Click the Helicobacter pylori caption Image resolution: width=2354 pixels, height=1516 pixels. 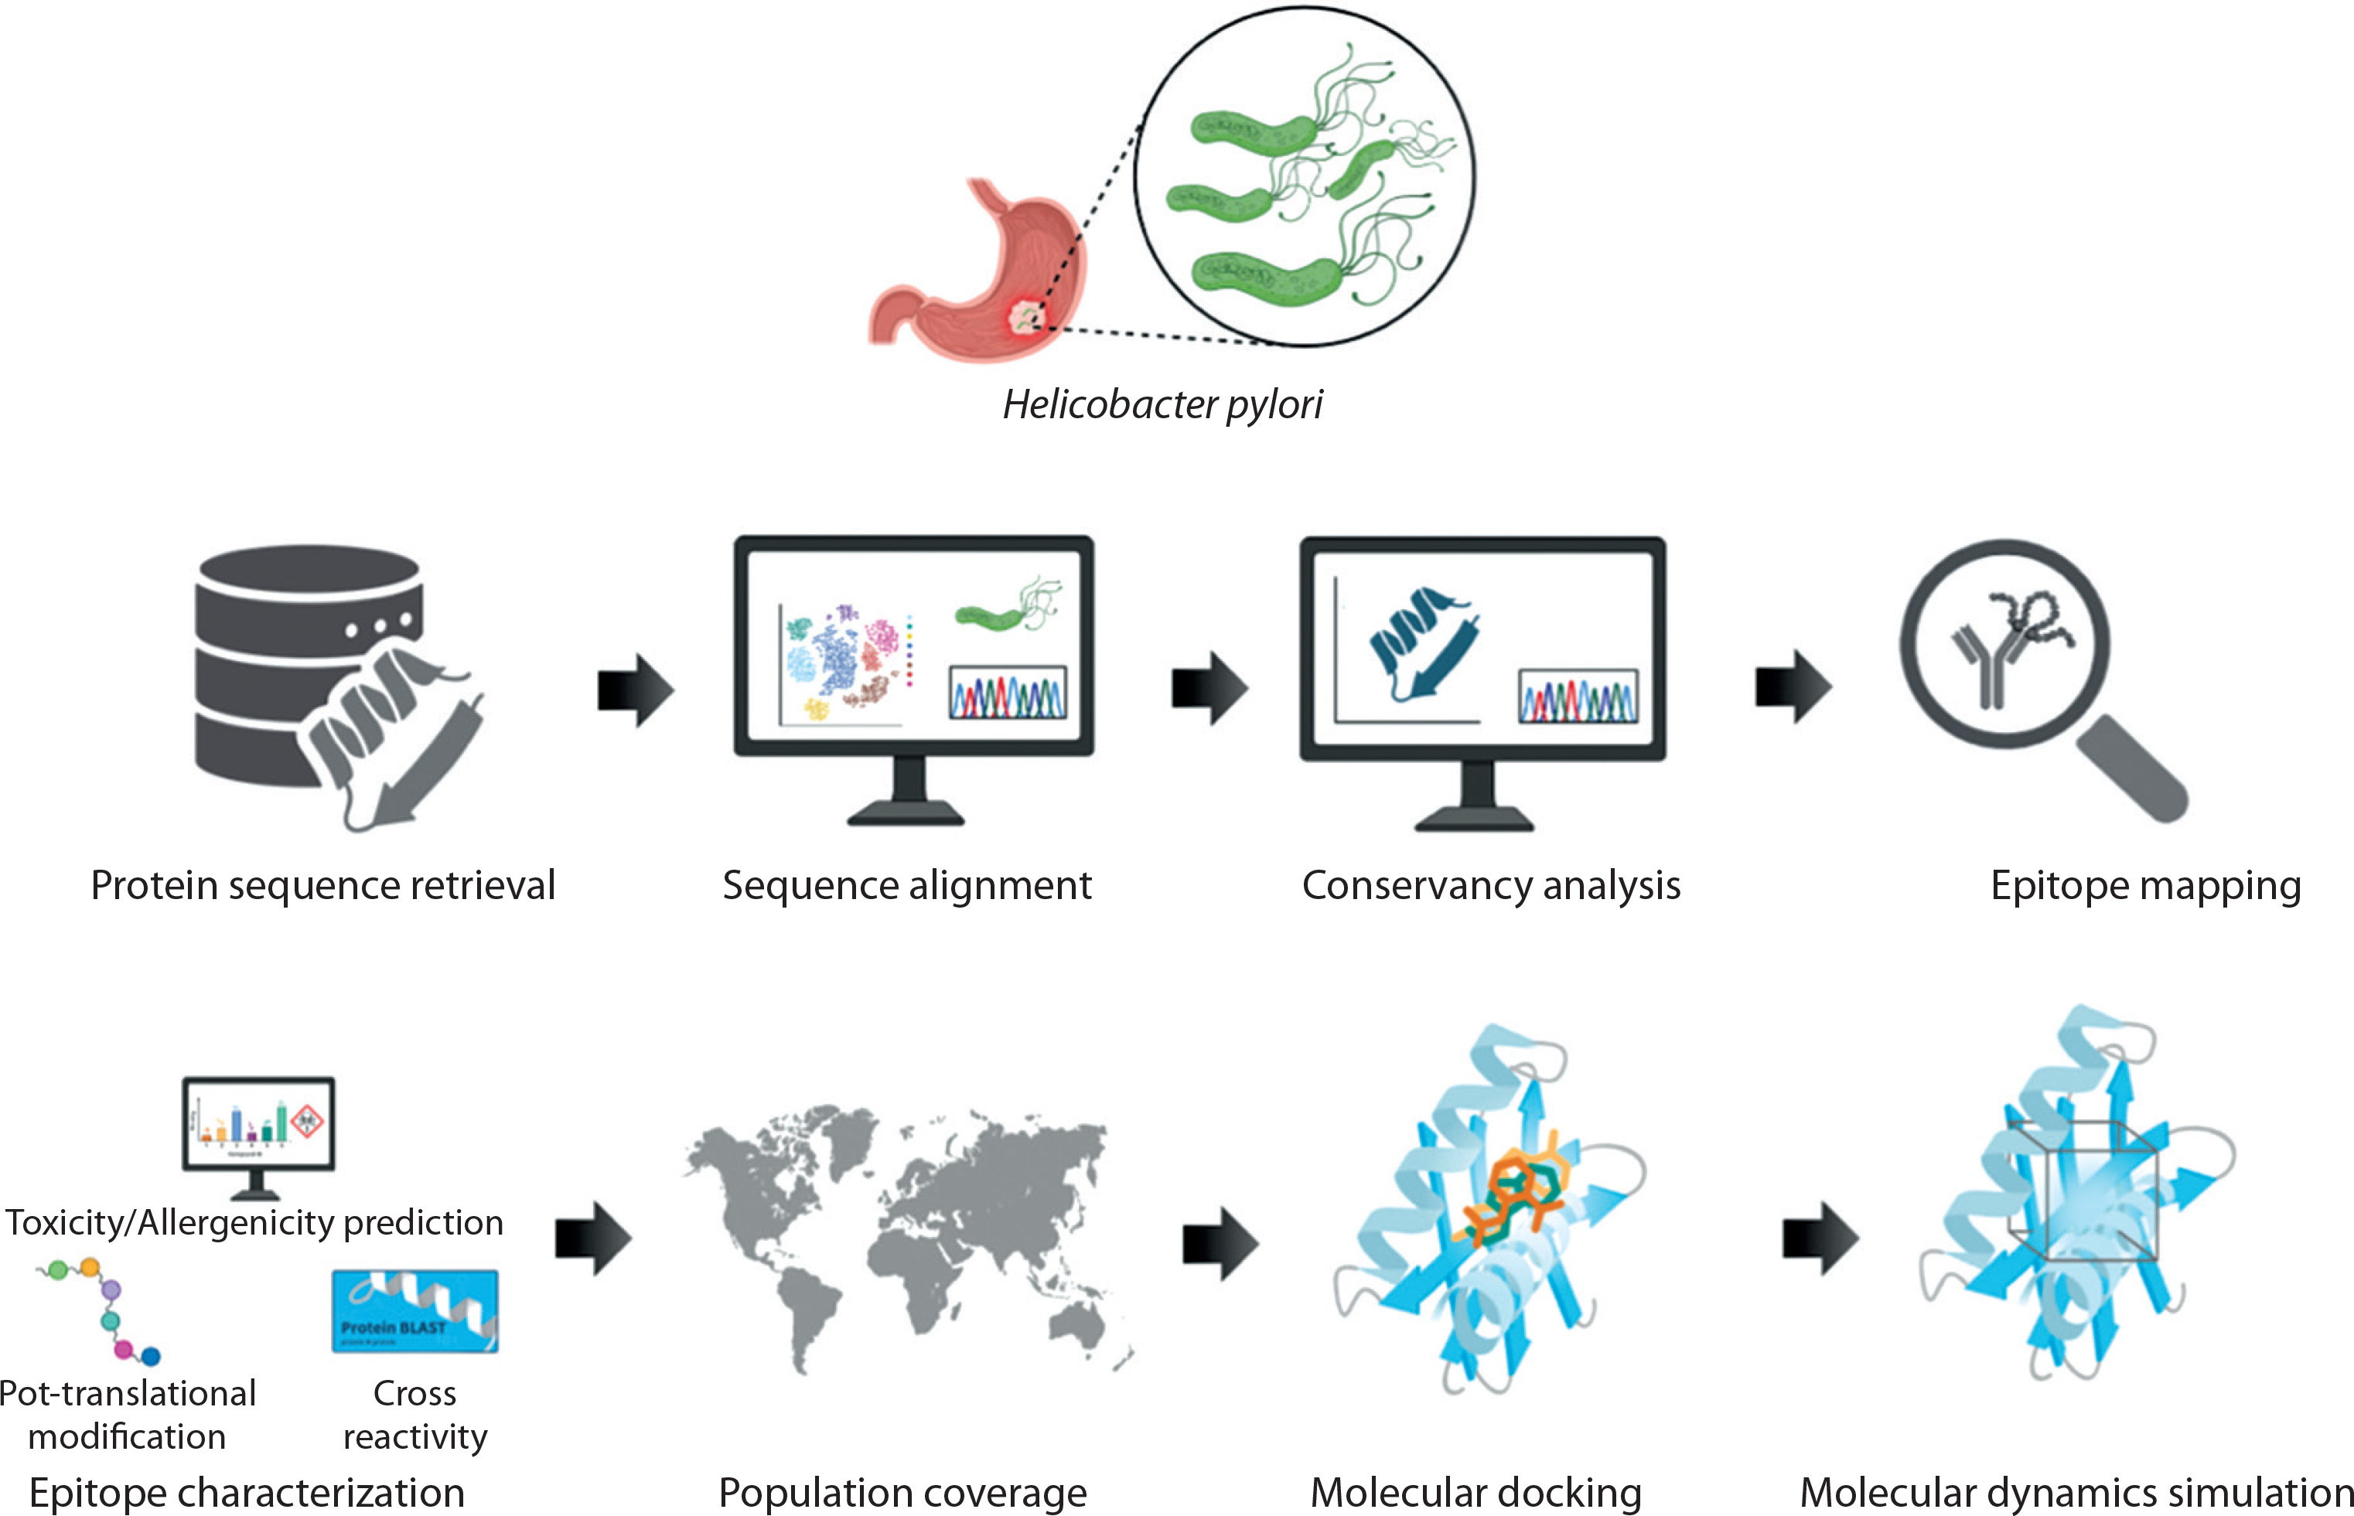click(1162, 404)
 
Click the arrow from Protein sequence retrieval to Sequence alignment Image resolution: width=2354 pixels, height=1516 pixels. click(635, 689)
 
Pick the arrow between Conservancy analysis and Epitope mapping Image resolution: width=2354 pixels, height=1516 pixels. click(1792, 686)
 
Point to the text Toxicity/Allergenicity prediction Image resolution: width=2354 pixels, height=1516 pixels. click(254, 1221)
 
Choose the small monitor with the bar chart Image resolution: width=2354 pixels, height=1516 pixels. click(258, 1127)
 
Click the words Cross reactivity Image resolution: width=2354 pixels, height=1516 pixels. click(415, 1415)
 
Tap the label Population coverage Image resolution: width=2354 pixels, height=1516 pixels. click(902, 1491)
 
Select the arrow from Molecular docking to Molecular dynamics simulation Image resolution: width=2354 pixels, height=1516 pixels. click(1820, 1238)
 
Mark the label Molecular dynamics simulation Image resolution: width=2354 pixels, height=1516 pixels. click(2076, 1491)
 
